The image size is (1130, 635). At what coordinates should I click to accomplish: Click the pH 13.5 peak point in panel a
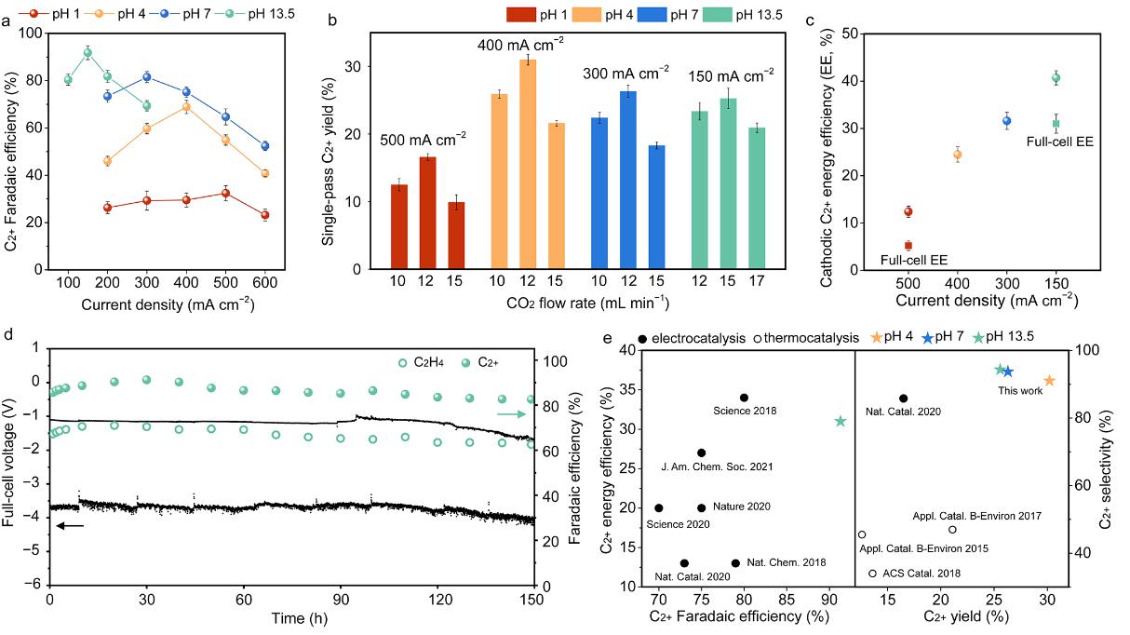[x=87, y=53]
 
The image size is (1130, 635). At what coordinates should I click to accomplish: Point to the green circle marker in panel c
[x=1056, y=78]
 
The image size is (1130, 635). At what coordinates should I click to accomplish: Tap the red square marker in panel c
[x=908, y=246]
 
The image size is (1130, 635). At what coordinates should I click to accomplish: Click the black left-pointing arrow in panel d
[x=70, y=526]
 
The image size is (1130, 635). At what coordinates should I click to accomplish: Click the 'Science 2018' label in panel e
[x=744, y=411]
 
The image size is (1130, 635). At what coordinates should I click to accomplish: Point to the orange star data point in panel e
[x=1049, y=381]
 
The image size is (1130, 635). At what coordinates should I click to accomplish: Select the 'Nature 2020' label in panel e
[x=741, y=507]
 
